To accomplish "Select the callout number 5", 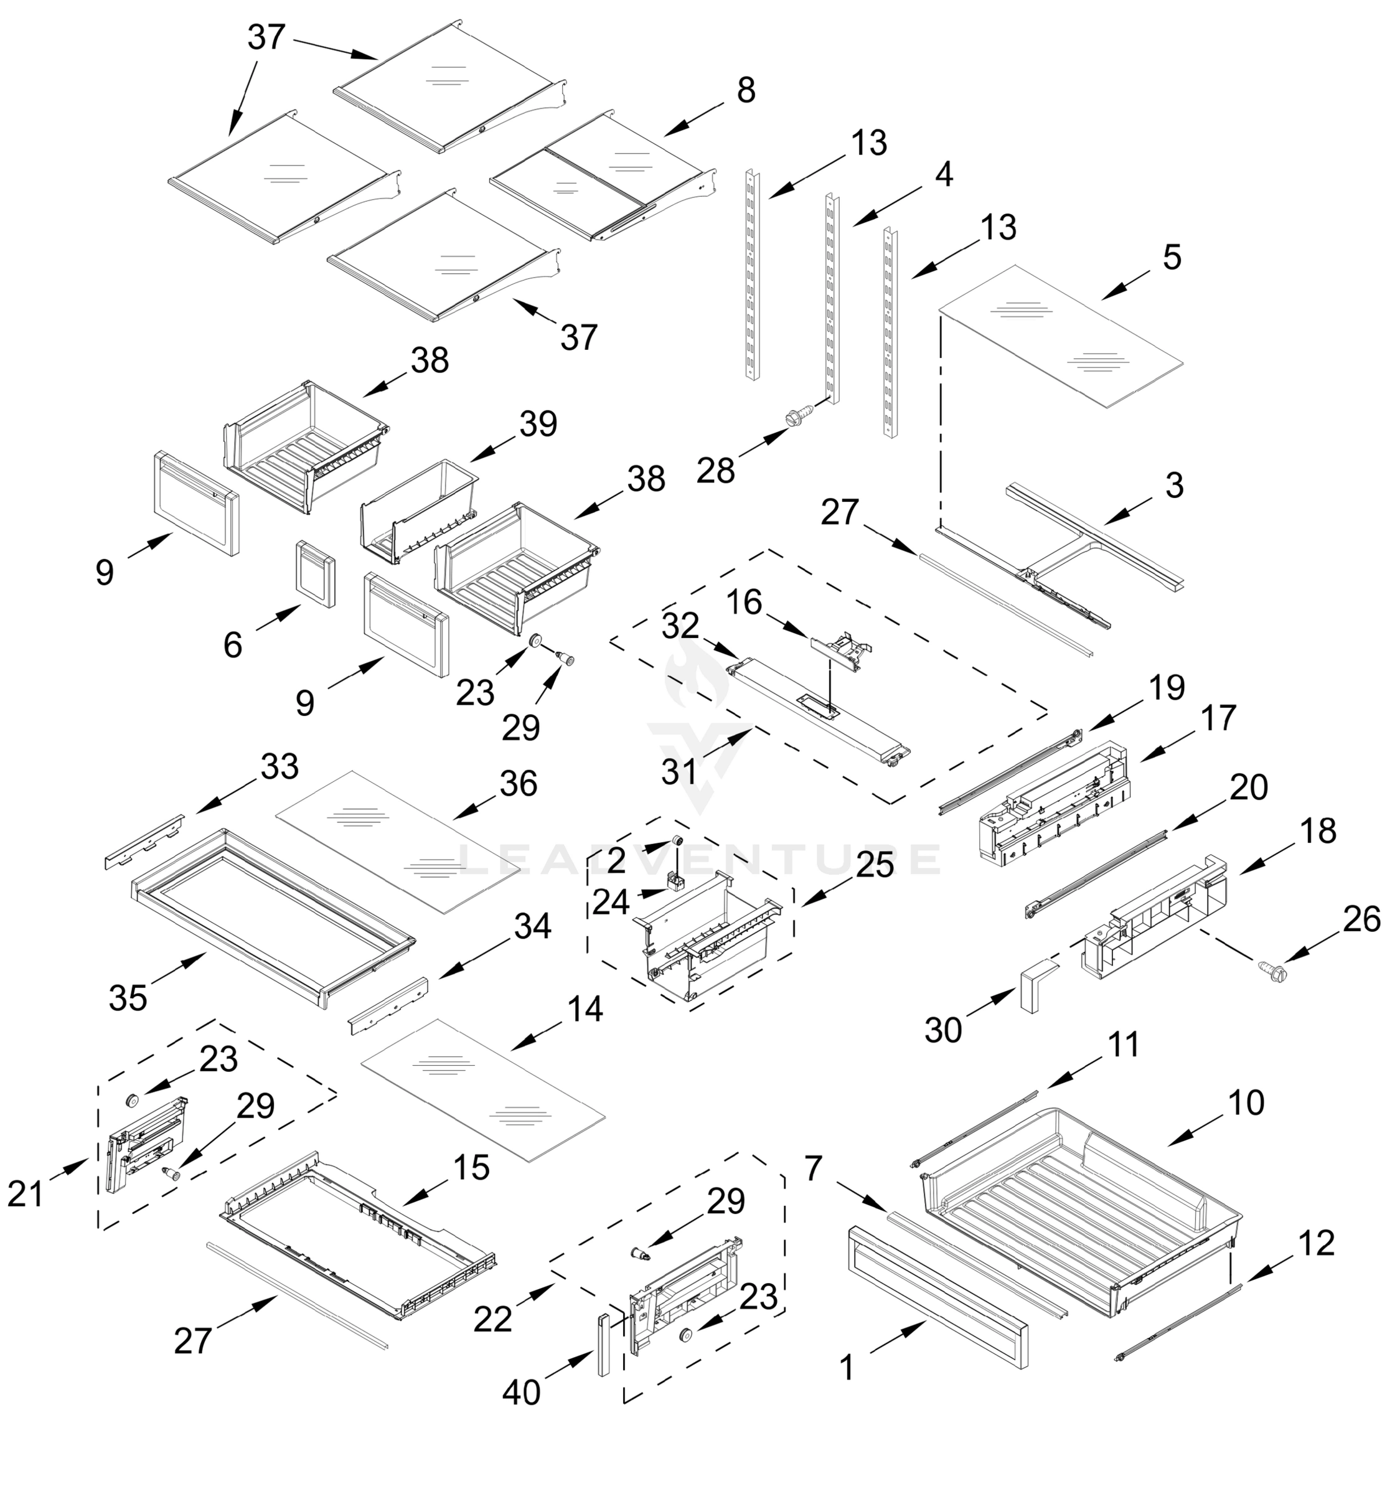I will pyautogui.click(x=1172, y=258).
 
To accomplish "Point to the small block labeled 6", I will pyautogui.click(x=316, y=573).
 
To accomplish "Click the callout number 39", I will pyautogui.click(x=538, y=424).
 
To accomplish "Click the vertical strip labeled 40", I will pyautogui.click(x=603, y=1345).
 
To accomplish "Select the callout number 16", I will pyautogui.click(x=744, y=603).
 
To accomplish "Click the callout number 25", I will pyautogui.click(x=875, y=865).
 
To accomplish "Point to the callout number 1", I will pyautogui.click(x=847, y=1368).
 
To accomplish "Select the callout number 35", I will pyautogui.click(x=128, y=998).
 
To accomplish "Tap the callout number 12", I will pyautogui.click(x=1316, y=1244).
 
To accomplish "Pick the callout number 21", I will pyautogui.click(x=26, y=1193).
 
